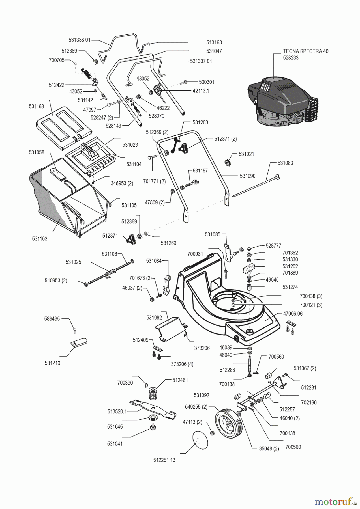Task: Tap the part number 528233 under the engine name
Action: click(x=291, y=58)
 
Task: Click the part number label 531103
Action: click(x=40, y=239)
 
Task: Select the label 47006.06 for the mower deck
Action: click(x=293, y=314)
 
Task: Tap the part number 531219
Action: click(x=52, y=363)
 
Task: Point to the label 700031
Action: click(x=195, y=254)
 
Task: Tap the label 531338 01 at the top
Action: click(x=80, y=40)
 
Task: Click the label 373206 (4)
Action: click(x=182, y=364)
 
